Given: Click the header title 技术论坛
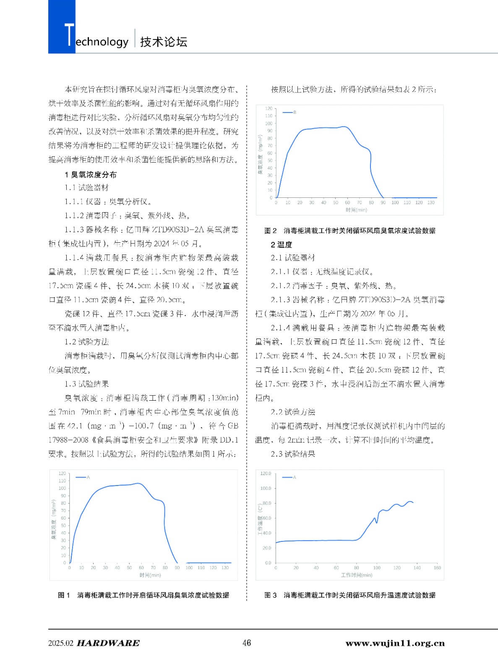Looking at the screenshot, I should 164,42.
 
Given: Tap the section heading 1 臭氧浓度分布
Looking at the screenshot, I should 91,175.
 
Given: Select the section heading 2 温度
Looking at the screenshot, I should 282,244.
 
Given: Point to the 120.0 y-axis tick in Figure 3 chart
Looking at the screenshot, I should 266,473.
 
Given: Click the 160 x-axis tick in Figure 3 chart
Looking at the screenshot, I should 437,568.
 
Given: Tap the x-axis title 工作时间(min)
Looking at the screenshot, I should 357,575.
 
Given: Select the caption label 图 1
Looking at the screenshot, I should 64,595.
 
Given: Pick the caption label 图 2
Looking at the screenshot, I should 271,231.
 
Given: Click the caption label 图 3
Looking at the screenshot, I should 271,595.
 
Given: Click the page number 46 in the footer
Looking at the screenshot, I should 247,643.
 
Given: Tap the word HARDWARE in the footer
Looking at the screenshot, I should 108,643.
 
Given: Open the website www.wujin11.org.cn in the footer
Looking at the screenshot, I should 395,643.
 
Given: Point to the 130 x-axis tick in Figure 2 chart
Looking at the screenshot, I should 431,202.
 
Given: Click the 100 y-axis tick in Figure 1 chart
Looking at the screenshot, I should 62,488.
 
